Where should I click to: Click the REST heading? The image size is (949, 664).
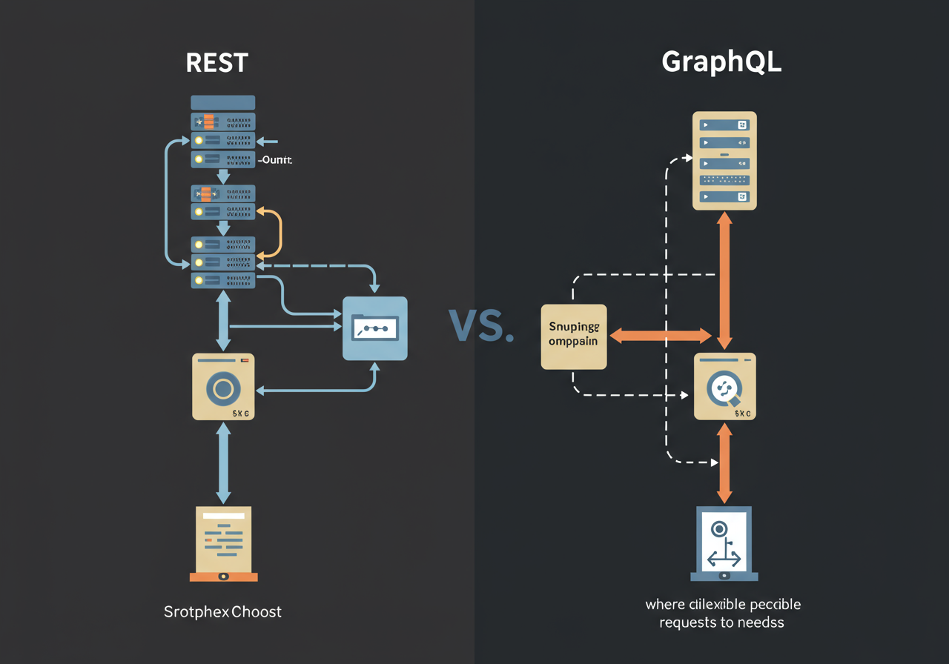click(216, 62)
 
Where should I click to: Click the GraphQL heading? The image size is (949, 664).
click(721, 62)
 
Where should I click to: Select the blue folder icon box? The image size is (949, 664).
click(374, 328)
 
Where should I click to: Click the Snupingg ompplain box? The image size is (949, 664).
click(575, 336)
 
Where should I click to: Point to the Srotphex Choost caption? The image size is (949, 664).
click(222, 612)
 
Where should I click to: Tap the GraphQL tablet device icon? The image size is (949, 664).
click(724, 542)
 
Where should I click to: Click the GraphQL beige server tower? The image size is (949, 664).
click(724, 161)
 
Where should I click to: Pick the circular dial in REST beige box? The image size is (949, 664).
click(222, 388)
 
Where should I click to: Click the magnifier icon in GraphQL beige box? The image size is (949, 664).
click(723, 388)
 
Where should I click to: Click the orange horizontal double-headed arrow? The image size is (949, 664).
click(660, 336)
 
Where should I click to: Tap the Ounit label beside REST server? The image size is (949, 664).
click(275, 159)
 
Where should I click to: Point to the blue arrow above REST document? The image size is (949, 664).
click(223, 462)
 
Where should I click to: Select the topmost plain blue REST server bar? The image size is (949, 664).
click(223, 102)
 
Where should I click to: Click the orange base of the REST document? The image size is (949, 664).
click(223, 576)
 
